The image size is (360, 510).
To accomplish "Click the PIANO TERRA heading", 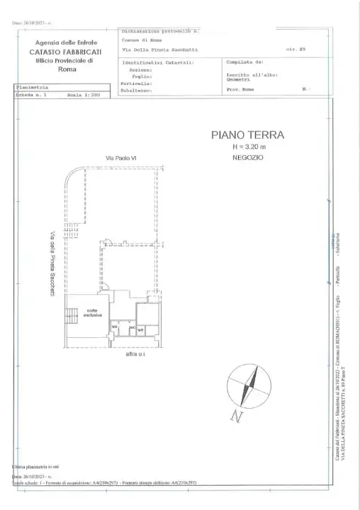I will [247, 134].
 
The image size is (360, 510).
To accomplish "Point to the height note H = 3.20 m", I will [247, 147].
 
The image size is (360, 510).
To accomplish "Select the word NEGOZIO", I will [247, 157].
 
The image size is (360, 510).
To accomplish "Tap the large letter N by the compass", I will [236, 417].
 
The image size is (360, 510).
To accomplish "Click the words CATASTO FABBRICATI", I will [65, 52].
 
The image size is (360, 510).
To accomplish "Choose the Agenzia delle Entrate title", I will [65, 44].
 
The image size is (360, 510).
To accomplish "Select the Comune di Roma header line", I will [140, 41].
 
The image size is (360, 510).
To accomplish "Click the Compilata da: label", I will [244, 62].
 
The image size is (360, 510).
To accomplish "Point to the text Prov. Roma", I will [240, 91].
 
